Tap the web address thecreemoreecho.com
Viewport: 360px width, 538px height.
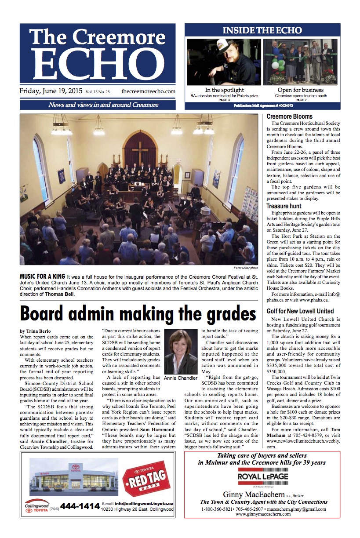pyautogui.click(x=148, y=91)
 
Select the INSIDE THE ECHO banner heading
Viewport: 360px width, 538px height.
pyautogui.click(x=262, y=30)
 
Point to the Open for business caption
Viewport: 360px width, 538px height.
pyautogui.click(x=301, y=90)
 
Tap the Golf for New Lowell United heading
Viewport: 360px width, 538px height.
pyautogui.click(x=300, y=311)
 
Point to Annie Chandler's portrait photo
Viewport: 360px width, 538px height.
pyautogui.click(x=180, y=352)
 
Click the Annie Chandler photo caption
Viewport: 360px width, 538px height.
pyautogui.click(x=180, y=378)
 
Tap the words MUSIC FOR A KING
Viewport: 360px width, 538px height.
pyautogui.click(x=43, y=276)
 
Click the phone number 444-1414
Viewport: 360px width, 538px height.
pyautogui.click(x=80, y=506)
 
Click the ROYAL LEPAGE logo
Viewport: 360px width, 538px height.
pyautogui.click(x=262, y=477)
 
